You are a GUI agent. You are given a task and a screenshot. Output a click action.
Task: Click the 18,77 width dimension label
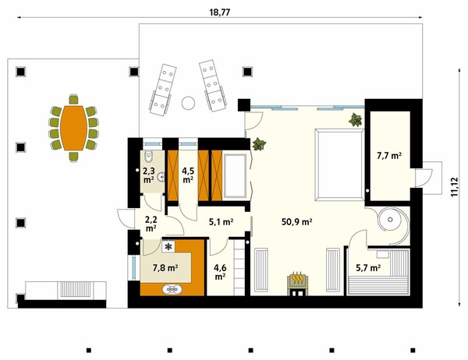pos(220,12)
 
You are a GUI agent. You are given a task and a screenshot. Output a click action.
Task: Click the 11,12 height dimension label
pos(454,187)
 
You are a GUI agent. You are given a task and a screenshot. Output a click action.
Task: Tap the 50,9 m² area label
pos(296,221)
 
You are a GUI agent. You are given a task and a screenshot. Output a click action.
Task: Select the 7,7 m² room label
pos(389,155)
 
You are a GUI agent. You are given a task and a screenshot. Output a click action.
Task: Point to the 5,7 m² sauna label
pos(368,268)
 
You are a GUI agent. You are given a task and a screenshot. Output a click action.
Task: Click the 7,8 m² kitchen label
pos(165,268)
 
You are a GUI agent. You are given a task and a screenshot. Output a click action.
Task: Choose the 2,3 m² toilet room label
pos(148,175)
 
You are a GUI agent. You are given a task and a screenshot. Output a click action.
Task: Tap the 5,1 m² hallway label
pos(221,221)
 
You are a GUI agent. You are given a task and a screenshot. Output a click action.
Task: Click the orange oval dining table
pos(74,128)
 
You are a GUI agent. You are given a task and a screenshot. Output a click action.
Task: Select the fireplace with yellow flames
pos(297,284)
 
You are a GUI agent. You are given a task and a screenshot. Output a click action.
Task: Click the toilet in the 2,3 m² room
pos(148,156)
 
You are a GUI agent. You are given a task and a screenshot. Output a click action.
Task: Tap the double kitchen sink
pos(172,289)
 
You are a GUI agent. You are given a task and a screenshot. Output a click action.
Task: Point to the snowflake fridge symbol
pos(168,246)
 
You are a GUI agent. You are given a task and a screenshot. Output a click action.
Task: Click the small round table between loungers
pos(188,103)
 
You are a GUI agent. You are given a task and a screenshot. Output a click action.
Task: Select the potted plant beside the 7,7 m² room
pos(355,119)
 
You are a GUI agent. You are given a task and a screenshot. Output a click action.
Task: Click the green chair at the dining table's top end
pos(74,99)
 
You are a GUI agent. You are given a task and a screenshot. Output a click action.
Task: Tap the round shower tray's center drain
pos(390,220)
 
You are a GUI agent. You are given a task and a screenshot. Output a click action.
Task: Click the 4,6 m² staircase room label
pos(220,272)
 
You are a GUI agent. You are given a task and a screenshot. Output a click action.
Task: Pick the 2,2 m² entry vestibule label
pos(151,224)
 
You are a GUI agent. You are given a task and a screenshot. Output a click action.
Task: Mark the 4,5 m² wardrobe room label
pos(188,175)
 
